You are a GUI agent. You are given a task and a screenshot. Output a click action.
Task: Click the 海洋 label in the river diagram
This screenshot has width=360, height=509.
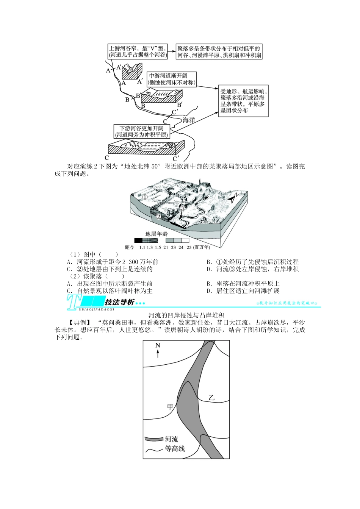[x=189, y=120]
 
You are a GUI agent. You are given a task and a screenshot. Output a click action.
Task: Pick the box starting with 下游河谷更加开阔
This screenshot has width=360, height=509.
[x=141, y=131]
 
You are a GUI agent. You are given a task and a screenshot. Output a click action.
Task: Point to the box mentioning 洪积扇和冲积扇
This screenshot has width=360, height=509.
[x=219, y=52]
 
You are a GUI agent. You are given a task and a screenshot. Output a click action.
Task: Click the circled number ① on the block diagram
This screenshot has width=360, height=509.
[x=145, y=197]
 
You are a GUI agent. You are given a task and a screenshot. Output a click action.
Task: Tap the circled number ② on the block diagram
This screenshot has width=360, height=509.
[x=158, y=217]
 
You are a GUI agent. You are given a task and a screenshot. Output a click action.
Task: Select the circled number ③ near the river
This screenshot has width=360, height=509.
[x=182, y=208]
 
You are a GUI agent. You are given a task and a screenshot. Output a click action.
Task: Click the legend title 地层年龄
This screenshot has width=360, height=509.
[x=157, y=234]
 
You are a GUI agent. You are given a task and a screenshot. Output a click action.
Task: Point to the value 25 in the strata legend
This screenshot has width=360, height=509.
[x=189, y=247]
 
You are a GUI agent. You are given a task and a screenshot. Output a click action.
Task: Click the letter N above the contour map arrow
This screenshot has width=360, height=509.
[x=158, y=345]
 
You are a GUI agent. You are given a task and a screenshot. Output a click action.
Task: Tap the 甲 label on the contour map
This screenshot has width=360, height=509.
[x=170, y=406]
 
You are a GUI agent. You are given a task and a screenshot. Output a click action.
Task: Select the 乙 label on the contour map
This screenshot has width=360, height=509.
[x=212, y=398]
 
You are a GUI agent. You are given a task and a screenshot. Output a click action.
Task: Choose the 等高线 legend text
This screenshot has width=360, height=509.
[x=175, y=449]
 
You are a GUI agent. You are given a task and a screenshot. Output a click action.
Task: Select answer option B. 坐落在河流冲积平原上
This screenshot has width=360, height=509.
[x=243, y=284]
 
